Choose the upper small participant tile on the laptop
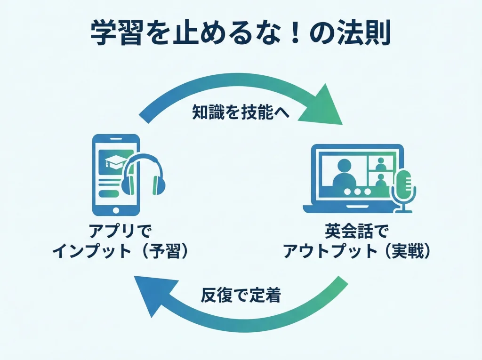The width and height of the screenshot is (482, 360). click(382, 163)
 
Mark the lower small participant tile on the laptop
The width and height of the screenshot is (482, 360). click(382, 180)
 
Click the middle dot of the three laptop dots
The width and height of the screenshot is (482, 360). click(360, 192)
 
